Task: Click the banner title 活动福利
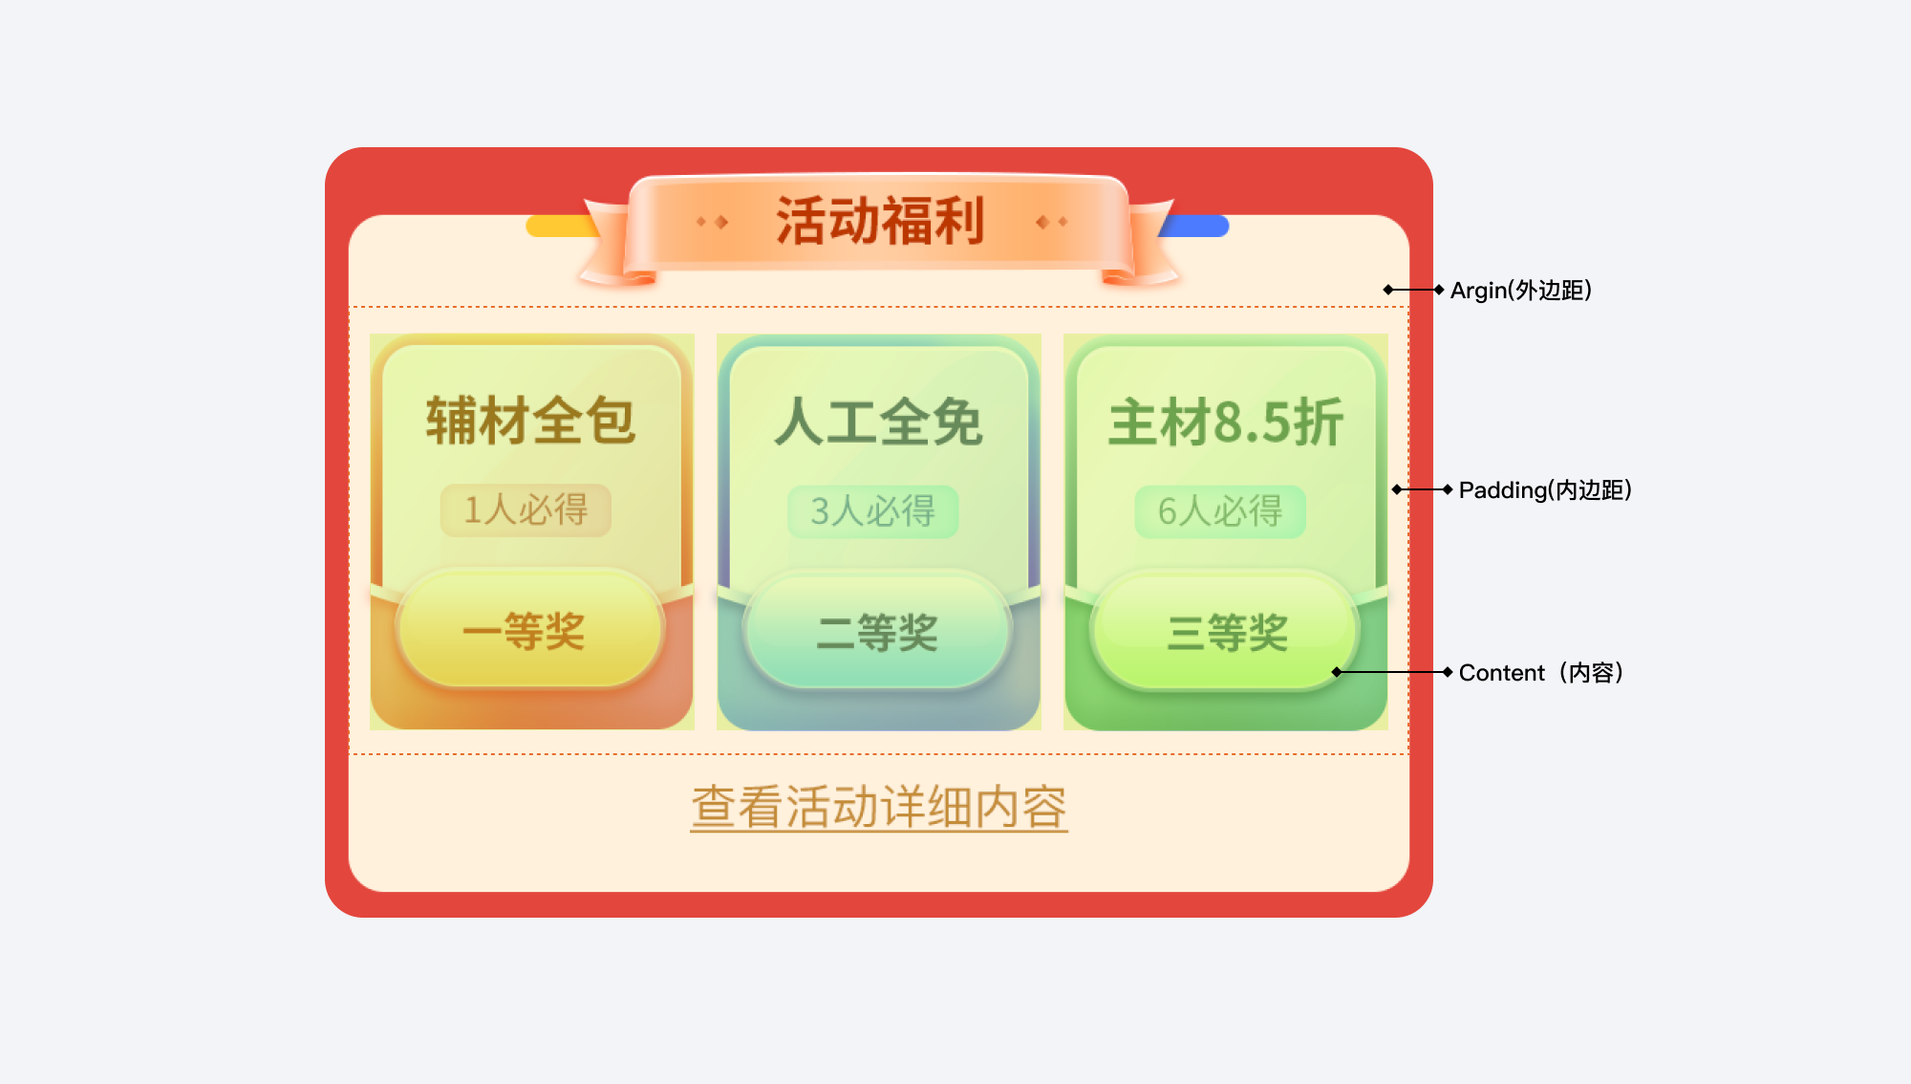(x=879, y=222)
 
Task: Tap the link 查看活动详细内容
(x=879, y=808)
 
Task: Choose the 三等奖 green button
(x=1225, y=632)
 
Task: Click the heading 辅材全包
(x=530, y=421)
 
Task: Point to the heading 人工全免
(x=878, y=422)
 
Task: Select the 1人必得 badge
(x=526, y=510)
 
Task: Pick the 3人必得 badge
(x=872, y=511)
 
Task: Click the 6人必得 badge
(x=1220, y=511)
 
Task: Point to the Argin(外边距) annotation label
(x=1520, y=291)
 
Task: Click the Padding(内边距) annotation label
(x=1545, y=490)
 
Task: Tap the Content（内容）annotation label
(x=1540, y=673)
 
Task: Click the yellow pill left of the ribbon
(x=559, y=227)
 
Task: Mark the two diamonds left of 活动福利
(x=712, y=222)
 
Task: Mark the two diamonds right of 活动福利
(x=1052, y=222)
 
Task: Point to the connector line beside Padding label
(x=1423, y=489)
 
